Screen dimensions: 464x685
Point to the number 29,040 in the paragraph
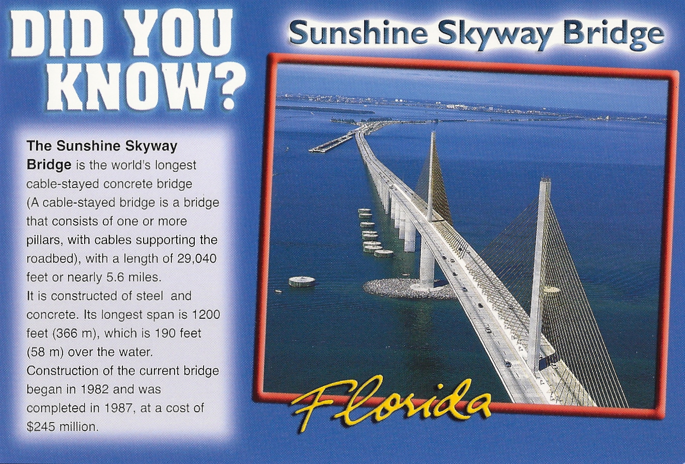coord(197,258)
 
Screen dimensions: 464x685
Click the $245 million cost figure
coord(62,427)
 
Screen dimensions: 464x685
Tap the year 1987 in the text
coord(118,408)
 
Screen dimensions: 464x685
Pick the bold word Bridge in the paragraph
coord(49,165)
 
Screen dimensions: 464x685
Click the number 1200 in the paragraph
coord(206,314)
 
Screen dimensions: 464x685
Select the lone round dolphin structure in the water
coord(302,281)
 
